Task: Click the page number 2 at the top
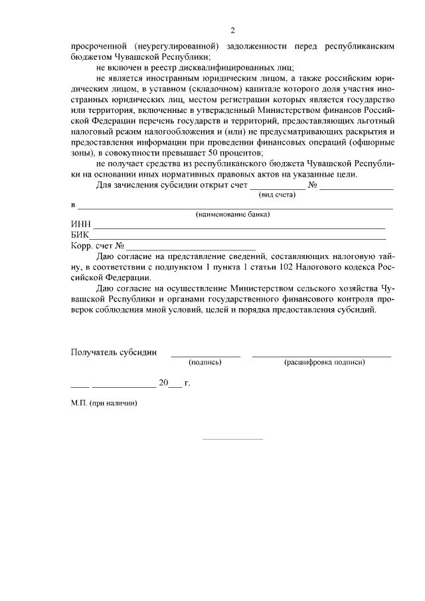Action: point(232,31)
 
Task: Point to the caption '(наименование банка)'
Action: point(232,215)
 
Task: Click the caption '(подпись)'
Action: point(205,362)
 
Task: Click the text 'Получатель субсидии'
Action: point(114,352)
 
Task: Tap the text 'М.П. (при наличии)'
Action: point(104,403)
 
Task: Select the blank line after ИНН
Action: point(239,228)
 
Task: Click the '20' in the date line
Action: point(163,383)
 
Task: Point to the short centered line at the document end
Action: point(232,439)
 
